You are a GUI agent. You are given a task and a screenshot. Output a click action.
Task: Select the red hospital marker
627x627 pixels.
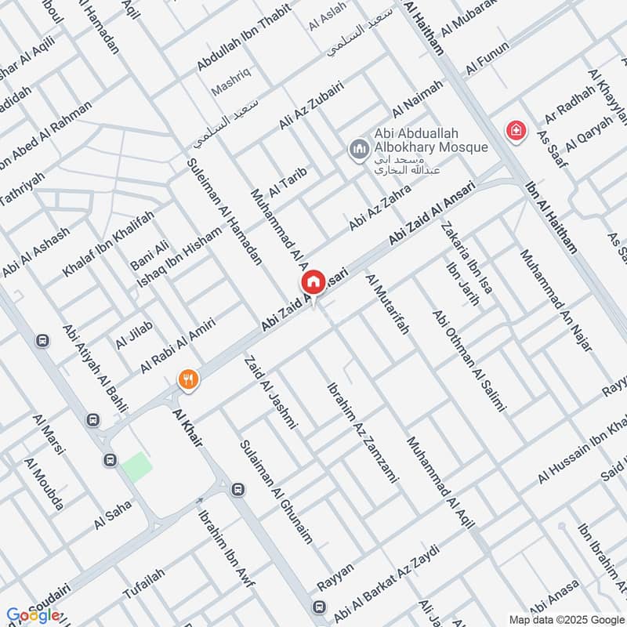pos(515,129)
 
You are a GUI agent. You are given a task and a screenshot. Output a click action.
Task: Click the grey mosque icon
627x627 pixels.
pos(359,147)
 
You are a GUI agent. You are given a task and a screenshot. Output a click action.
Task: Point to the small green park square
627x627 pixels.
pos(136,467)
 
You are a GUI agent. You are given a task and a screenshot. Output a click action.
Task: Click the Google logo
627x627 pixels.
pos(32,615)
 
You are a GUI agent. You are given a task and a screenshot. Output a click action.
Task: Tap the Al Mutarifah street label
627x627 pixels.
pos(387,305)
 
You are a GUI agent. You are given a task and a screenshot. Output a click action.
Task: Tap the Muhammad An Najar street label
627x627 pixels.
pos(555,301)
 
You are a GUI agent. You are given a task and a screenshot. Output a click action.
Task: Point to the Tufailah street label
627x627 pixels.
pos(149,585)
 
